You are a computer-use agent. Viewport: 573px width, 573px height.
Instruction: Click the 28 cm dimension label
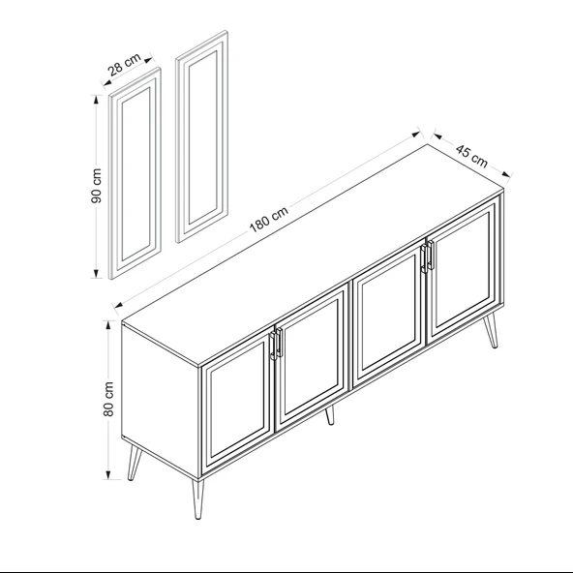pos(125,65)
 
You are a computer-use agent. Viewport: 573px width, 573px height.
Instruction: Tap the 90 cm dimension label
pos(97,186)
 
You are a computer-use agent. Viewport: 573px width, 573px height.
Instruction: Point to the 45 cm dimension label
pos(471,156)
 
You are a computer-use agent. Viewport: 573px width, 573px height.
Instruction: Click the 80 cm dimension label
pos(108,399)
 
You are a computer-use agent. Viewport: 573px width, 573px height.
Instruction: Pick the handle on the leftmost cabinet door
pos(272,347)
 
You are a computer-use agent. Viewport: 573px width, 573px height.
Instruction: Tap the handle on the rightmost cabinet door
pos(431,255)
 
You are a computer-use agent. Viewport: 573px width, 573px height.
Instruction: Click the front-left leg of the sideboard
pos(197,499)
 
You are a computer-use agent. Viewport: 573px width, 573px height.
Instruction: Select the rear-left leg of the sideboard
pos(134,463)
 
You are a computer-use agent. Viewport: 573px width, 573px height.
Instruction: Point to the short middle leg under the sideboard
pos(330,415)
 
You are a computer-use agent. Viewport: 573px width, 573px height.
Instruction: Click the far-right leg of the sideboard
pos(491,330)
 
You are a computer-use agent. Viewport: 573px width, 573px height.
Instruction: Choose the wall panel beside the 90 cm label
pos(136,173)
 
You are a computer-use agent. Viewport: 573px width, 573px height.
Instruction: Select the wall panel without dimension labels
pos(202,136)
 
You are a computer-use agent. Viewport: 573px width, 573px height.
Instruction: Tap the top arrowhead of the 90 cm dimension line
pos(96,100)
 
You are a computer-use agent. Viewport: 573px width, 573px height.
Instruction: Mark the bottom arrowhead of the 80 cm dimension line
pos(108,474)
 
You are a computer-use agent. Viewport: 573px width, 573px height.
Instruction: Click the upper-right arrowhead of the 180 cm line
pos(415,135)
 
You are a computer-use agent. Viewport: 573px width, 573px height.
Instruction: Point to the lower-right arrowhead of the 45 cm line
pos(505,174)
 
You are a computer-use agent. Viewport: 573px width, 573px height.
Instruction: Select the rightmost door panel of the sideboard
pos(464,269)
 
